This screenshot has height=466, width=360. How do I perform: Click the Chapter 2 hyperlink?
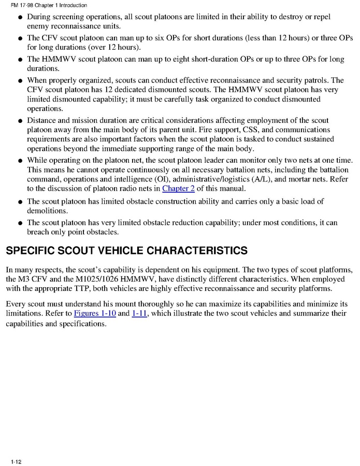(178, 188)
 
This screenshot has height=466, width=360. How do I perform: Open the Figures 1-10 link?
(95, 313)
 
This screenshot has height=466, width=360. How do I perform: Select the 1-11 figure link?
(140, 313)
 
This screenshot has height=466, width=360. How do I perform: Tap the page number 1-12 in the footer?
(15, 460)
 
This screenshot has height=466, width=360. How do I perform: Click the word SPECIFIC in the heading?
(30, 251)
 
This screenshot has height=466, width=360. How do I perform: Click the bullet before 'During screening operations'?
(19, 18)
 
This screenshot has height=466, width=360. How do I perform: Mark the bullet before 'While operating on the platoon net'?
(19, 161)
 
